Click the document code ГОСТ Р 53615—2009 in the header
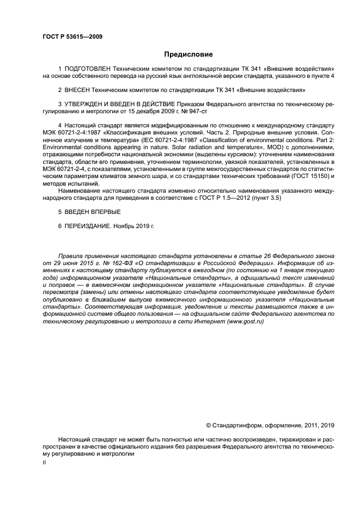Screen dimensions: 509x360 click(x=72, y=36)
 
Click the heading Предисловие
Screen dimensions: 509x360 click(x=188, y=54)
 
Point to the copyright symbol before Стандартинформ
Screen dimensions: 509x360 click(x=208, y=425)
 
